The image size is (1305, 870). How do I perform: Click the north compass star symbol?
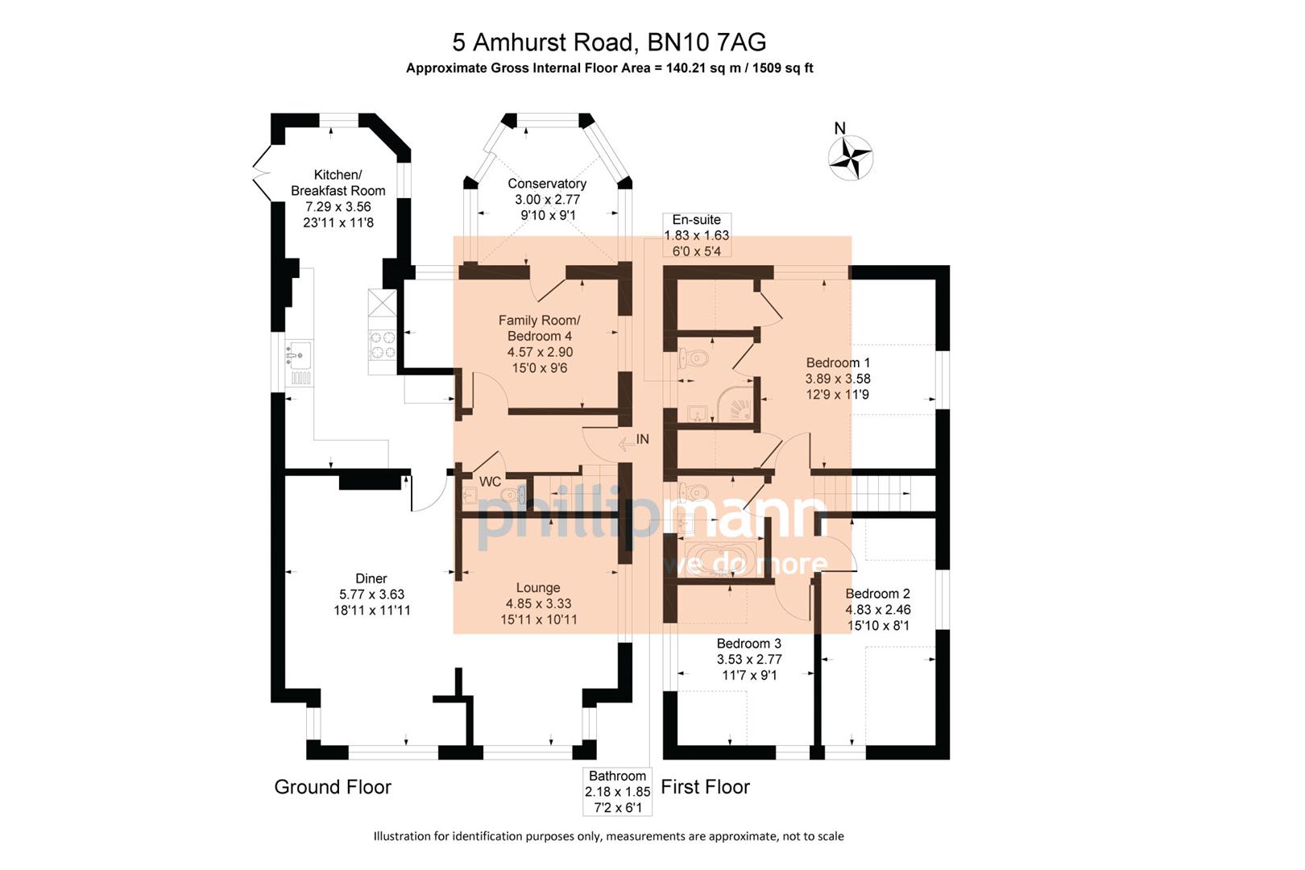coord(851,156)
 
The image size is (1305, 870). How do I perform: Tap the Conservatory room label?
coord(546,184)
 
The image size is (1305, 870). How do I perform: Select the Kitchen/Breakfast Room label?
coord(338,183)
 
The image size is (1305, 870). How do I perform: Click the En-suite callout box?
coord(696,235)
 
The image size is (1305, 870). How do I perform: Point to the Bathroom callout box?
coord(617,792)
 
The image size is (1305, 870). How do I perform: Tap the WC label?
coord(490,482)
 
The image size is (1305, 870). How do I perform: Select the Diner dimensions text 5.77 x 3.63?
coord(371,594)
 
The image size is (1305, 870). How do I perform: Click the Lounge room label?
coord(537,588)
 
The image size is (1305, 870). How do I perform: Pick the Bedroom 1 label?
coord(838,362)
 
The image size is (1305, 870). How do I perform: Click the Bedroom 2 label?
coord(877,594)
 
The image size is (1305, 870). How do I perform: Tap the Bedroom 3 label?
coord(748,644)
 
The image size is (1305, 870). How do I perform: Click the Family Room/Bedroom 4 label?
coord(539,328)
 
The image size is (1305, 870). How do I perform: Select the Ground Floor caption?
coord(333,787)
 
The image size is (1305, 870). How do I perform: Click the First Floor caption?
coord(705,787)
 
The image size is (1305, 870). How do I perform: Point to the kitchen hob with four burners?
coord(382,345)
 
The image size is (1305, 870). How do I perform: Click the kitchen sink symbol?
coord(299,354)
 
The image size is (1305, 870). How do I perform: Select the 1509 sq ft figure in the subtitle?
coord(781,68)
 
